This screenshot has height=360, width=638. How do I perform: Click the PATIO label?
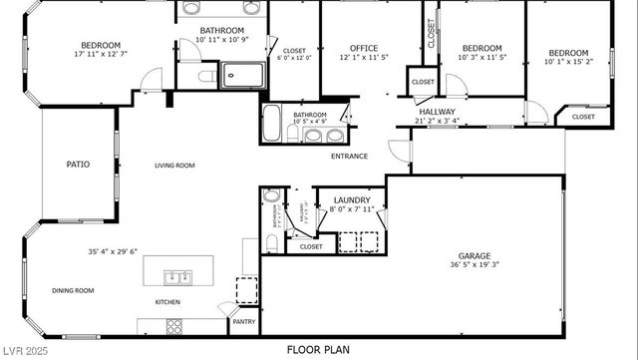[78, 165]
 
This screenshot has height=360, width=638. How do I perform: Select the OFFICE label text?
[363, 49]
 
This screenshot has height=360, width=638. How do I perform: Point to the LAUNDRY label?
[352, 199]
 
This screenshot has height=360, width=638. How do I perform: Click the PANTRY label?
[244, 322]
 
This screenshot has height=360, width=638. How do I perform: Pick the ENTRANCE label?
[349, 156]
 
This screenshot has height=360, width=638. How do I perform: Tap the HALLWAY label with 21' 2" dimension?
[437, 112]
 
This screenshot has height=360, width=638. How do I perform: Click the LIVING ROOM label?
[173, 166]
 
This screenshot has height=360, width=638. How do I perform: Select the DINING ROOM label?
[73, 290]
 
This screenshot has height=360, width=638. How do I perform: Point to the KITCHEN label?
[166, 301]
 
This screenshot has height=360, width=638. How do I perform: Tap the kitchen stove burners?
[173, 325]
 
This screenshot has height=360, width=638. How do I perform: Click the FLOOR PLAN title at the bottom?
[318, 350]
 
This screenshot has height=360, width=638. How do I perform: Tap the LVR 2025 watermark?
[26, 351]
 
